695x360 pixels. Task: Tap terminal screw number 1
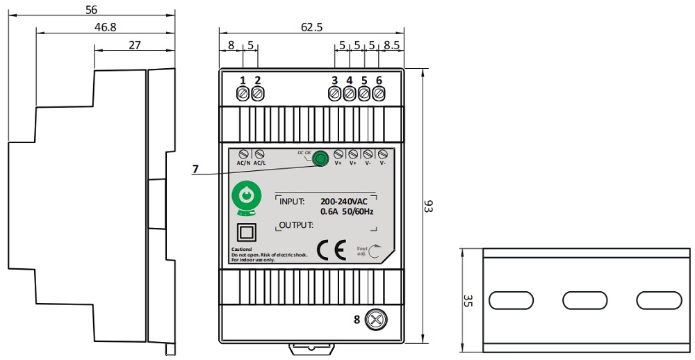243,94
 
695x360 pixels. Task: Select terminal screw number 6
379,94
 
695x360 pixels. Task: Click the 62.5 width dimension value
311,28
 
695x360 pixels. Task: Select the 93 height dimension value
429,206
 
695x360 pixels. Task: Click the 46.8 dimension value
104,26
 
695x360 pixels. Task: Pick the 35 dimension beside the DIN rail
468,300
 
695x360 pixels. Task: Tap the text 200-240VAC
344,201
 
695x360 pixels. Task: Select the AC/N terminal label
243,163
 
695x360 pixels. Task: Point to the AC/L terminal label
259,163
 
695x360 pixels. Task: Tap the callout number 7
195,169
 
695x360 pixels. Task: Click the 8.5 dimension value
391,46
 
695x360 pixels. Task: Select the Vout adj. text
362,251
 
